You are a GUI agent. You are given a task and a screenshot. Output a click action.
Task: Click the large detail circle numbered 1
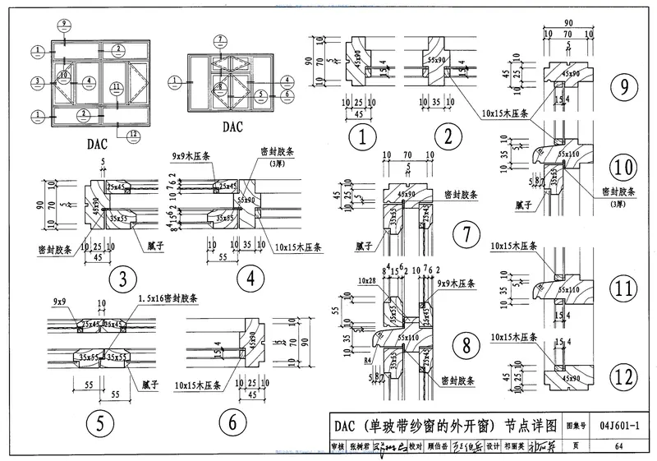(x=362, y=136)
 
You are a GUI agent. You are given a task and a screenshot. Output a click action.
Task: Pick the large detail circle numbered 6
(x=232, y=424)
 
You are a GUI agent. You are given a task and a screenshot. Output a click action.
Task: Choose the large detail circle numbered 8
(x=466, y=344)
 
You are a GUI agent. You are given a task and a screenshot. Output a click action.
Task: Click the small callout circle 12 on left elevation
(x=133, y=133)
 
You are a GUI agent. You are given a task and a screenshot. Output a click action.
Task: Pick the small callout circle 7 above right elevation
(x=221, y=39)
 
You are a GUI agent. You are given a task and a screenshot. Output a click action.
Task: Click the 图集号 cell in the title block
(x=573, y=424)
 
